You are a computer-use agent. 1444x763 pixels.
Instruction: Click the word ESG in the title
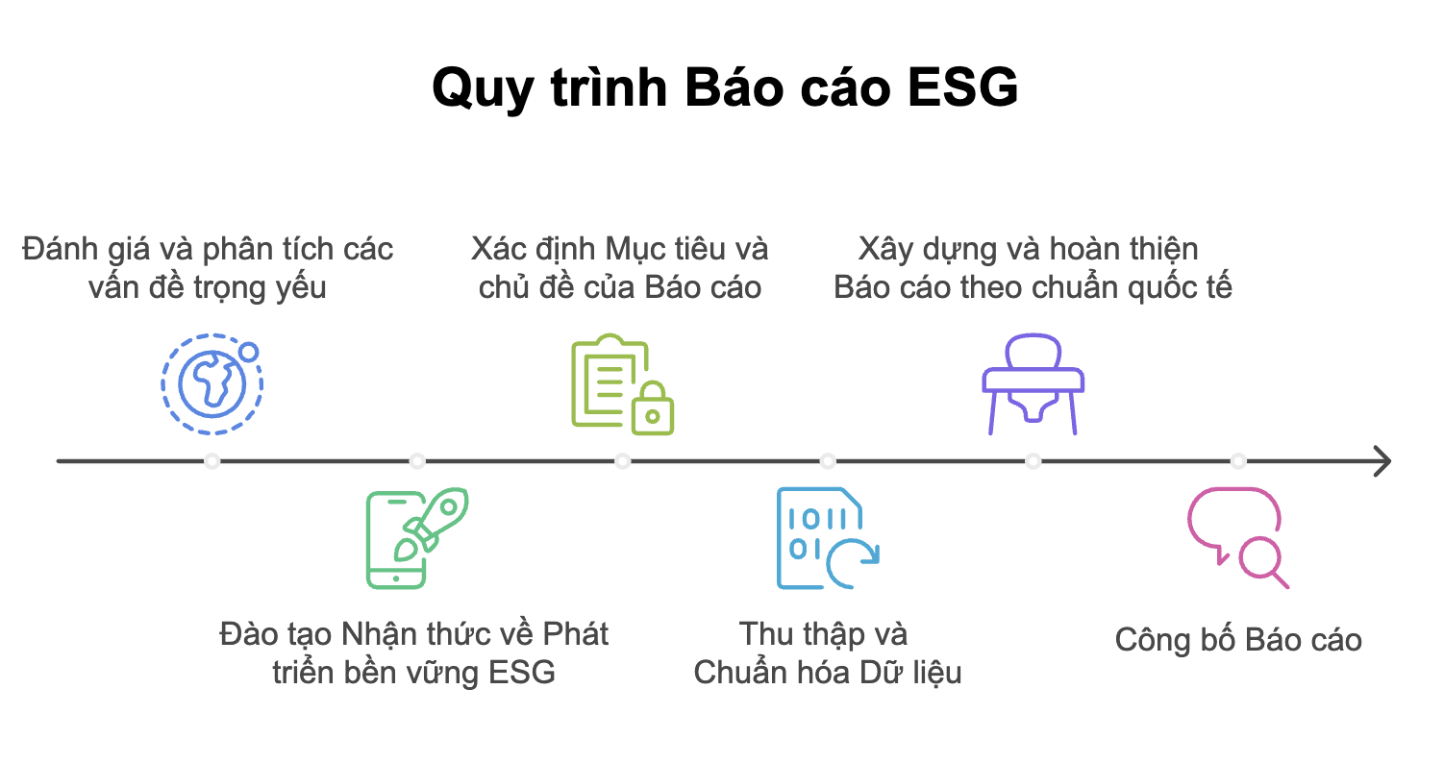(962, 87)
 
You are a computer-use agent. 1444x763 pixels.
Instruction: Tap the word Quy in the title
(483, 90)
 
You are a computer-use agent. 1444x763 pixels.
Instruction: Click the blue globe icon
(212, 384)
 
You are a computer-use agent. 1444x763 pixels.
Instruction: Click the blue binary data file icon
(828, 538)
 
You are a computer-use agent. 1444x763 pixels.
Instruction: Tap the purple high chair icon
(1033, 384)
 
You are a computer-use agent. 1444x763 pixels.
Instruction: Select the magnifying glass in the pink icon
(1263, 561)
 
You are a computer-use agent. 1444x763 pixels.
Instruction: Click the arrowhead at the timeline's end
(1382, 461)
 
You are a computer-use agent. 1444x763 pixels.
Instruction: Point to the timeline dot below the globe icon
(212, 461)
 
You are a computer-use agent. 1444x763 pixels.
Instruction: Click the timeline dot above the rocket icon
(417, 461)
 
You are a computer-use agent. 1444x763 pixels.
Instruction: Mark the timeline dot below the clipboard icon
(623, 461)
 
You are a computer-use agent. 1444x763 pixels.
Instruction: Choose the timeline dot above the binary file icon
(828, 461)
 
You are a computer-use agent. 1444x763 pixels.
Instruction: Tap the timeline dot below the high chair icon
(1033, 461)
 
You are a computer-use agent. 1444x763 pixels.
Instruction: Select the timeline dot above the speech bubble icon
(1238, 461)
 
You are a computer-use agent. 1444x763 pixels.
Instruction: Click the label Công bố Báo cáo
(1238, 640)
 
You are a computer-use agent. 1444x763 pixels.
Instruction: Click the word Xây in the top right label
(885, 250)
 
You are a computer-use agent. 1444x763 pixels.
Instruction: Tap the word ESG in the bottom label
(521, 673)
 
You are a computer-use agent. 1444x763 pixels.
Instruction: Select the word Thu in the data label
(766, 634)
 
